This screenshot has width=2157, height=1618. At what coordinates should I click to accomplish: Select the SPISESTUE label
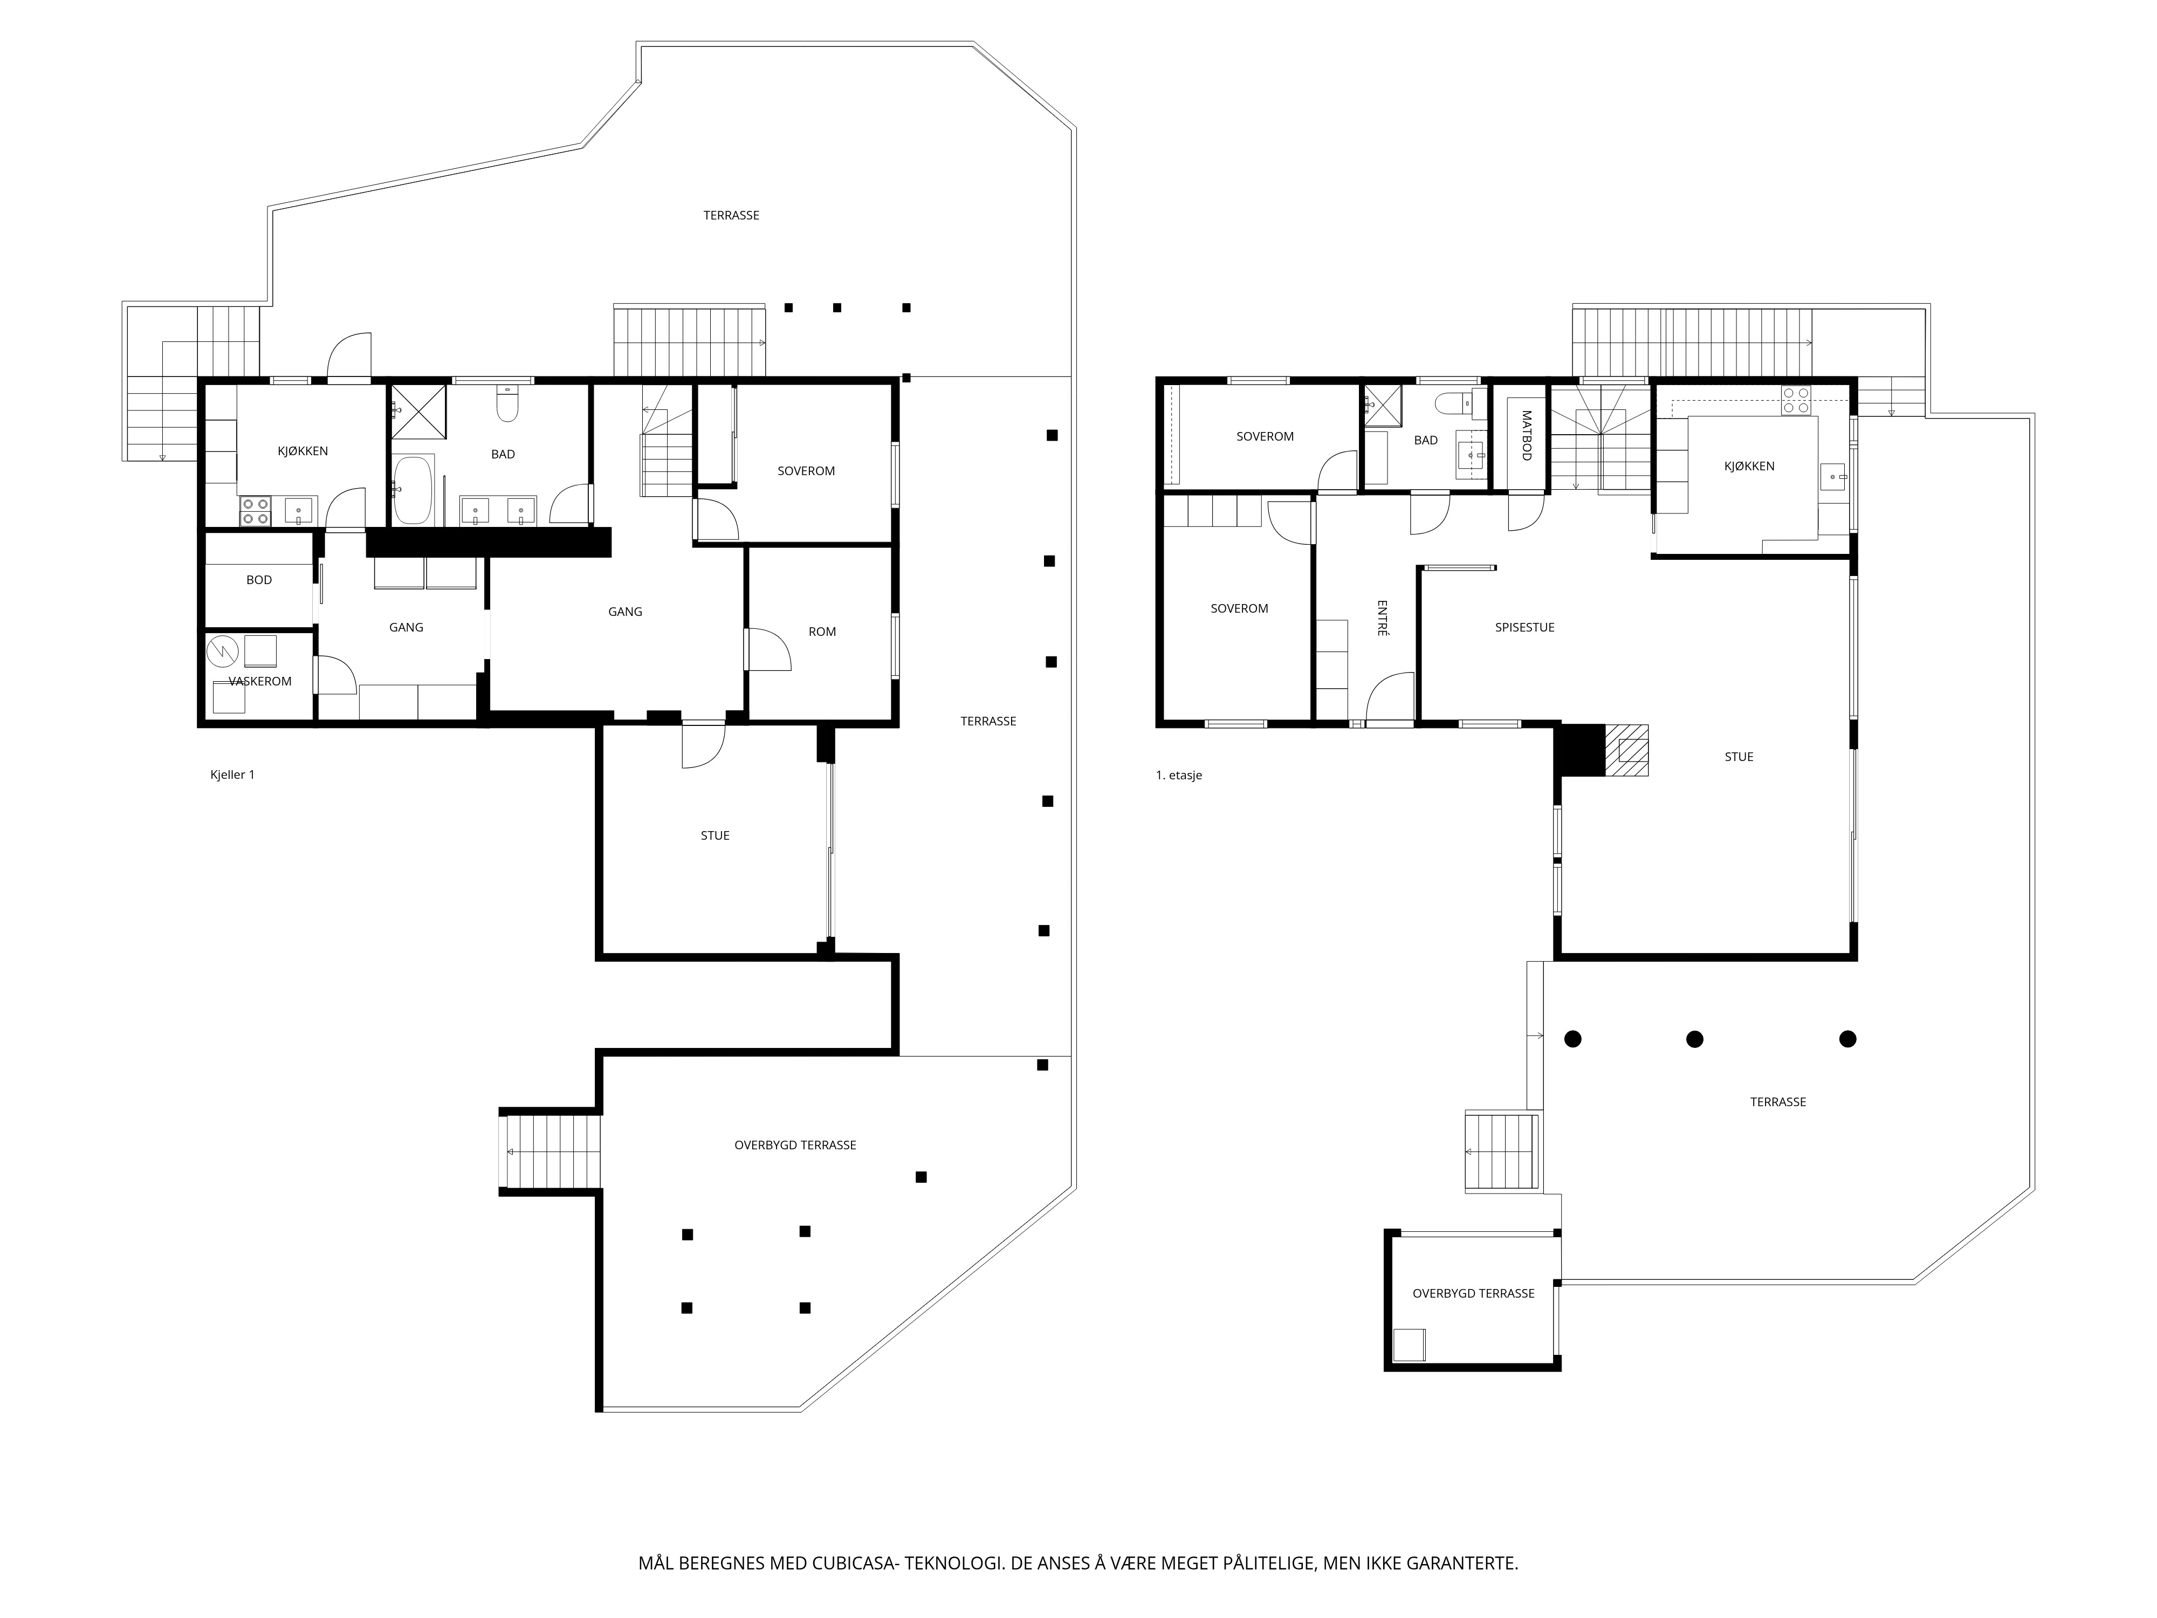(1524, 627)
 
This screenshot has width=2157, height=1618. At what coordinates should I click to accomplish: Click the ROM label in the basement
(821, 631)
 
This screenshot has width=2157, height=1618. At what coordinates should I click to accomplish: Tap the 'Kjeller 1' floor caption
(232, 774)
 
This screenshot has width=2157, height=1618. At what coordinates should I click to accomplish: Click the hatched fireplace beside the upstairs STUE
(1626, 750)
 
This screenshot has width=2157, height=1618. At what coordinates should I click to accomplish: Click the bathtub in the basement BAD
(414, 491)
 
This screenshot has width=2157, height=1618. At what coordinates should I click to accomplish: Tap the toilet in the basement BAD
(507, 404)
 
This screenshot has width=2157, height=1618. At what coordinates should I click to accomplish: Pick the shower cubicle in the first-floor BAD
(1381, 404)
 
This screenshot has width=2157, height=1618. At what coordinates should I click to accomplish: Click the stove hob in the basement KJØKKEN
(256, 511)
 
